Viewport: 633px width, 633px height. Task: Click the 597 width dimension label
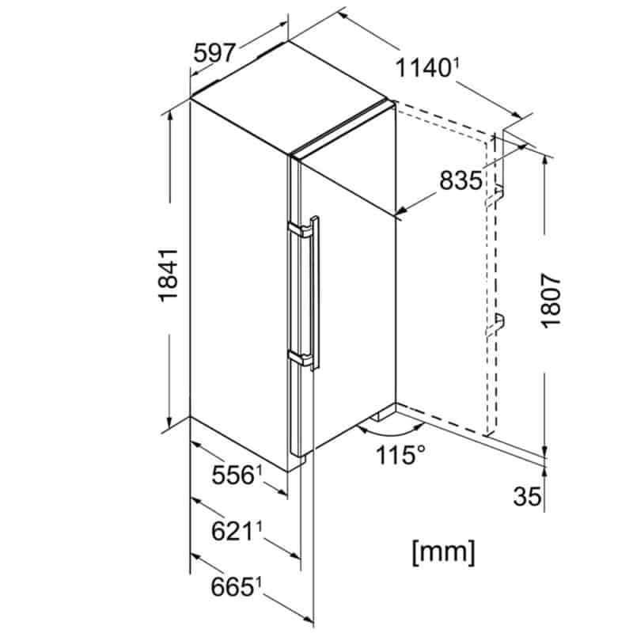[214, 53]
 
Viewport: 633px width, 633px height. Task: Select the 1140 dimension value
[423, 67]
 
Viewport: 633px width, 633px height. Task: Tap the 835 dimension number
[461, 180]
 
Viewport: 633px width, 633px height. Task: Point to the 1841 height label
[168, 275]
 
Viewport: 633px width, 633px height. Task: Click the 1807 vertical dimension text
[551, 301]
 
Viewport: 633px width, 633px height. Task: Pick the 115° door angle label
[400, 454]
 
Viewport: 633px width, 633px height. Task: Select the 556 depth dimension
[233, 475]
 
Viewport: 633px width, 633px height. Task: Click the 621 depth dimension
[232, 531]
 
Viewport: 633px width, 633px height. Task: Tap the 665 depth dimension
[232, 586]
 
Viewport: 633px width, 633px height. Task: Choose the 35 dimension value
[527, 496]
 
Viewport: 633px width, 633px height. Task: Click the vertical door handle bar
[315, 293]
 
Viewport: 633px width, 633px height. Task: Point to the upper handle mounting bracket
[300, 230]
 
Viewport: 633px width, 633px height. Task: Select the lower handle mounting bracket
[301, 358]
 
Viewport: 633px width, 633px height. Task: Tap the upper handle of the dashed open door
[495, 195]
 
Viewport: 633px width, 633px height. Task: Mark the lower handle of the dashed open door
[495, 325]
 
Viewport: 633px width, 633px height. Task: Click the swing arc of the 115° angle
[391, 431]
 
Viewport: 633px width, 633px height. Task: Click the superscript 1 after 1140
[456, 63]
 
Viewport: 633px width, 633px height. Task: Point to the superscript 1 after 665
[259, 582]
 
